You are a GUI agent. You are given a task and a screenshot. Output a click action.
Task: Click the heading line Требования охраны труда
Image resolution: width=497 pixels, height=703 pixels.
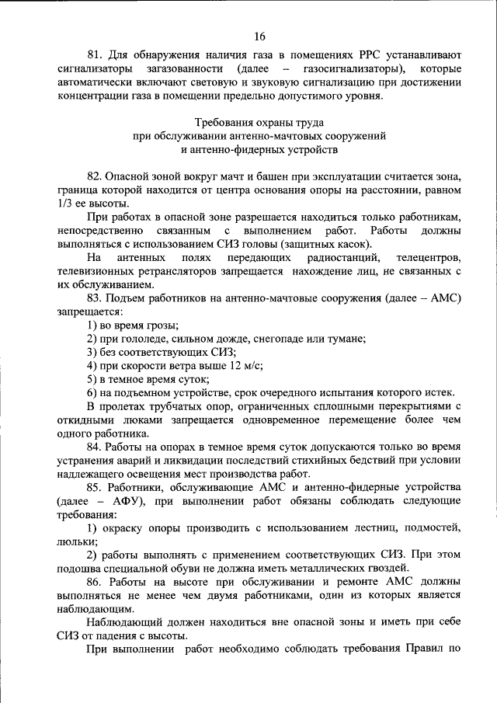[259, 123]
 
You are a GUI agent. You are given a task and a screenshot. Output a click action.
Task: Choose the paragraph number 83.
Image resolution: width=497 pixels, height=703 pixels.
[95, 298]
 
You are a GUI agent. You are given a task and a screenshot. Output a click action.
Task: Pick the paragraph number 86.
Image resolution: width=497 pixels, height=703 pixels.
[95, 581]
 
